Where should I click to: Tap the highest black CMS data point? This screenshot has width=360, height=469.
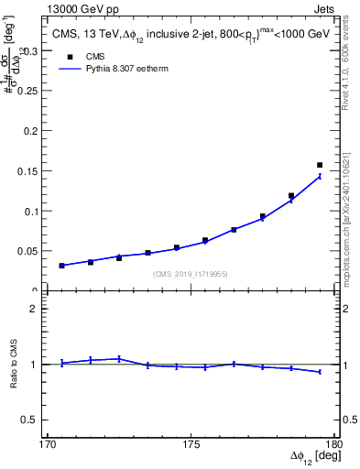pyautogui.click(x=320, y=165)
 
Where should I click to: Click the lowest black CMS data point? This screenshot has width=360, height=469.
pyautogui.click(x=61, y=266)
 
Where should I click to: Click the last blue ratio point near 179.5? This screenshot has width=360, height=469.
pyautogui.click(x=320, y=372)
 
